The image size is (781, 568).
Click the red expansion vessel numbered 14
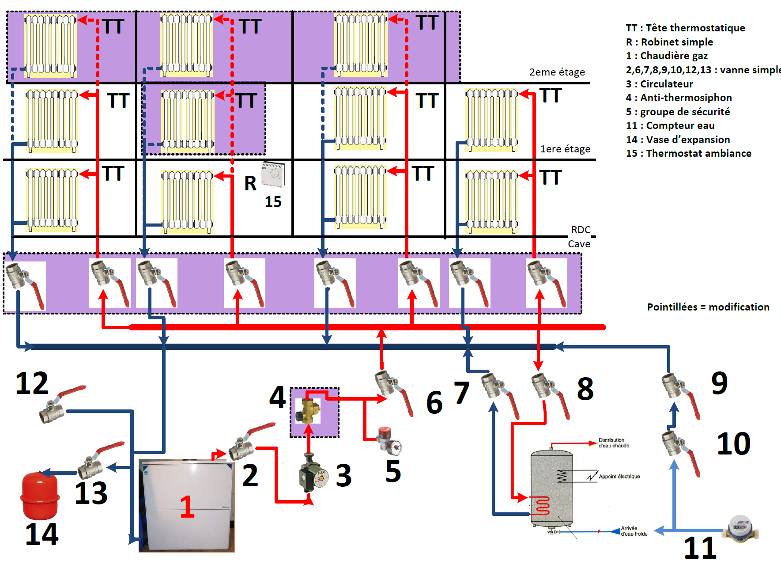(x=40, y=495)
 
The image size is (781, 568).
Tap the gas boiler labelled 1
(x=187, y=506)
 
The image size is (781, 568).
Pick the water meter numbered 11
(x=741, y=528)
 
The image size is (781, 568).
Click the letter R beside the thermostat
(x=250, y=183)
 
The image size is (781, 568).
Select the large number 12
(x=32, y=383)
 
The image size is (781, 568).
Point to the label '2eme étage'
(x=557, y=72)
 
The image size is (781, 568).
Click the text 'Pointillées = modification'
(x=708, y=307)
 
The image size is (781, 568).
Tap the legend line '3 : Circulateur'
(x=660, y=84)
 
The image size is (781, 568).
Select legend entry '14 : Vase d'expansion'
(x=678, y=140)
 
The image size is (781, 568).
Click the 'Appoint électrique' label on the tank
(x=619, y=477)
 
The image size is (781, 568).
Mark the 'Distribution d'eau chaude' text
(x=613, y=443)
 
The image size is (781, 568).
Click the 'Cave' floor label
(x=579, y=244)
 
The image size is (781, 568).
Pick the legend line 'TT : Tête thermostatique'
(x=685, y=28)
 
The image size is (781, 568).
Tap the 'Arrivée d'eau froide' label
(x=634, y=531)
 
